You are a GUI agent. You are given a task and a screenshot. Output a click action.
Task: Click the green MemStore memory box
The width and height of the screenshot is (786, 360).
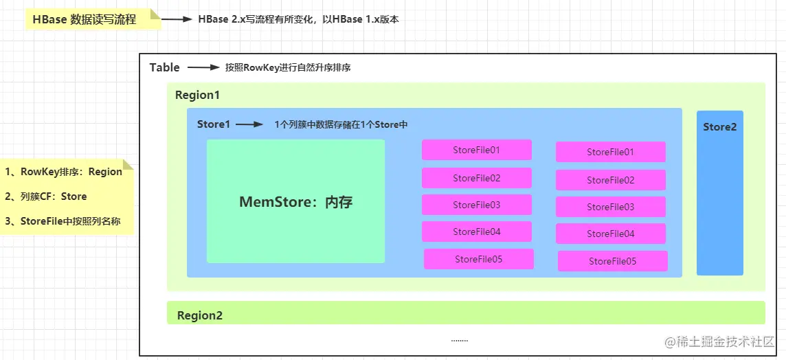click(x=295, y=201)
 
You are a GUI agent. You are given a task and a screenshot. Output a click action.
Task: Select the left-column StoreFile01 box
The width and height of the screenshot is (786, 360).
click(x=476, y=150)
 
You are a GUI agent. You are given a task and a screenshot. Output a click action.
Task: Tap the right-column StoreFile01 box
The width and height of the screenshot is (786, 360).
click(x=610, y=152)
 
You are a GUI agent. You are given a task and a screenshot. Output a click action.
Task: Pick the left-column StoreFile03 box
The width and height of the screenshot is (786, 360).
click(x=476, y=205)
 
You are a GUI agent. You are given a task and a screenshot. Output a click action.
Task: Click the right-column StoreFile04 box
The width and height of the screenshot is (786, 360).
click(x=610, y=234)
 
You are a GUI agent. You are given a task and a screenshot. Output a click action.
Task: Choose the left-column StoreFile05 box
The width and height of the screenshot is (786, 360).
click(x=478, y=259)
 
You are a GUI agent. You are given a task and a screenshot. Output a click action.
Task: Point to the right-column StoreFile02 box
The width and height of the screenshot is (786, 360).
click(x=610, y=180)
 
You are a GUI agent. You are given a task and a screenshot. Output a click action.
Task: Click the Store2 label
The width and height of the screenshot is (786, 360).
click(x=719, y=127)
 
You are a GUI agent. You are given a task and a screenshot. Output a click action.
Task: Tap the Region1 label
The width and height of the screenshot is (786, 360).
click(x=197, y=95)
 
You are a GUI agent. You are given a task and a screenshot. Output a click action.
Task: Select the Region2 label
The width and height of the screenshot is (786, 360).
click(x=200, y=315)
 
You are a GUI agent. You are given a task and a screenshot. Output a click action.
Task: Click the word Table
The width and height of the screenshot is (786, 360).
click(x=165, y=67)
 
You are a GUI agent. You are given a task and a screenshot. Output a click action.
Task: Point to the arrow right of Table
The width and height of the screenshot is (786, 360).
click(x=203, y=67)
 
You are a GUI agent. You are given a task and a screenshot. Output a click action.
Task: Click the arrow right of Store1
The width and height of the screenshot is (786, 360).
click(x=249, y=124)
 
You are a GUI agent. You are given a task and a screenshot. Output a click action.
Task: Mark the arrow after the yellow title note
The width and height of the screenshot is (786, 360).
click(x=177, y=19)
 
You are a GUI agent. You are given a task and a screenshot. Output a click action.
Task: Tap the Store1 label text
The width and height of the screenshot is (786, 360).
click(x=213, y=124)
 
